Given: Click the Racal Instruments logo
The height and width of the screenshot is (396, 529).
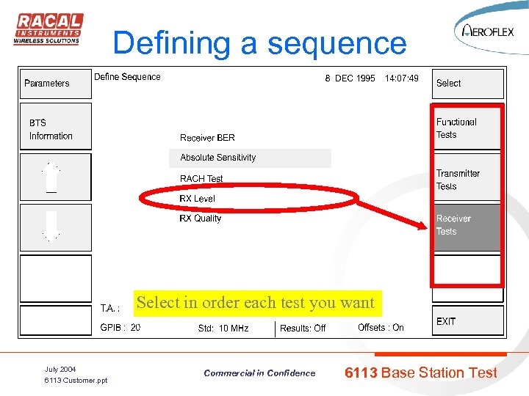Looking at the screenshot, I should pos(48,29).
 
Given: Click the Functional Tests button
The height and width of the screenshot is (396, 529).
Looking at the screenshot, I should pos(467,128).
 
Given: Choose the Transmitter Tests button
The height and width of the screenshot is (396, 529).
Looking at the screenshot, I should pos(467,180).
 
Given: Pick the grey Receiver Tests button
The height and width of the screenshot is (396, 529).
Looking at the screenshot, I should pos(467,225).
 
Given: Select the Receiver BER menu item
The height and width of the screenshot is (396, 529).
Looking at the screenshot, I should pos(207,138).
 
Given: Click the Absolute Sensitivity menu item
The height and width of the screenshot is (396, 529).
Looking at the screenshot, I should pos(218,158).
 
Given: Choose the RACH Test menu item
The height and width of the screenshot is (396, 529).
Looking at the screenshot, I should pos(201,179).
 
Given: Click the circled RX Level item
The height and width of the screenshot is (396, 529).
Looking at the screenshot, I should pos(198,199).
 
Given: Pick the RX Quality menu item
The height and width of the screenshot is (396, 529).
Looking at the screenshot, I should pos(201,219).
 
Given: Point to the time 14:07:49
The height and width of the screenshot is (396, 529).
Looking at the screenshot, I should pos(402,78).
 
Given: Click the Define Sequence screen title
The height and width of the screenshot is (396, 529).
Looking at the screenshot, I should pos(127,77).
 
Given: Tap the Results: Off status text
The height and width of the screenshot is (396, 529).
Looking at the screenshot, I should pos(303,329).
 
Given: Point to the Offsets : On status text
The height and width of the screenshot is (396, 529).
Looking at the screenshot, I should pos(381,328).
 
